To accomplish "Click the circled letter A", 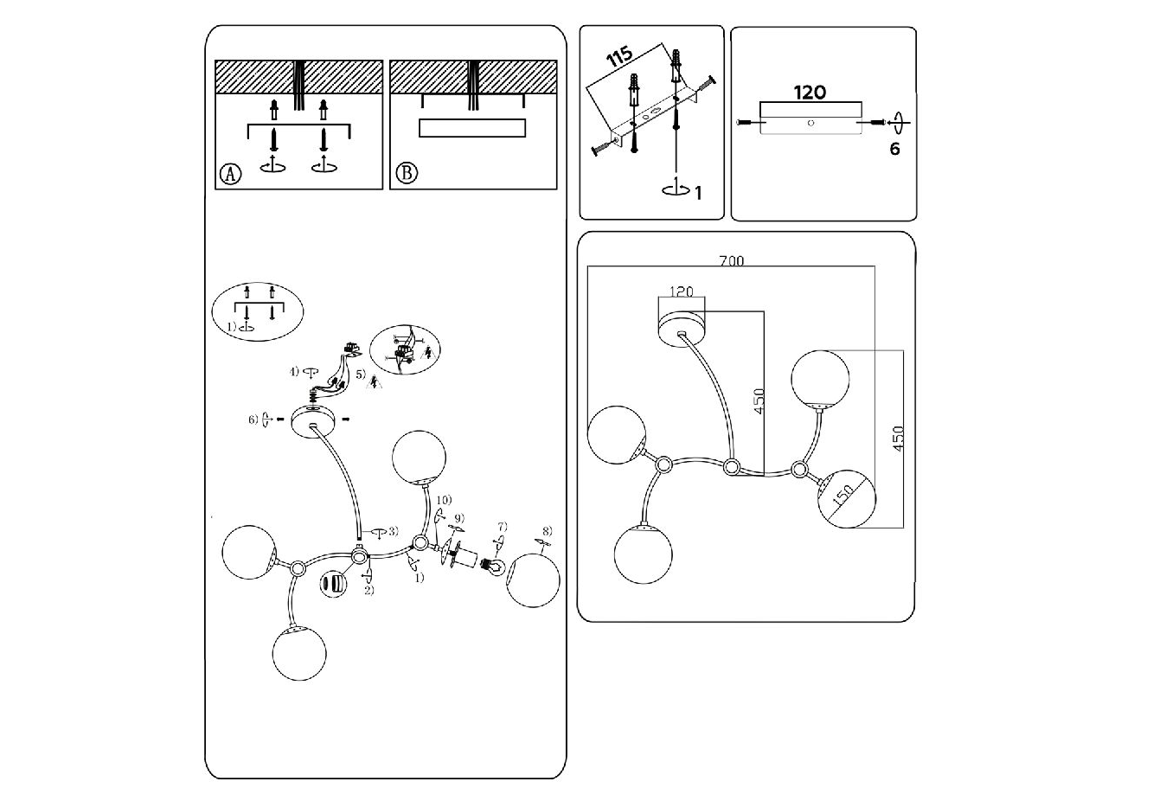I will [230, 174].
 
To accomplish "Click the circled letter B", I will [406, 174].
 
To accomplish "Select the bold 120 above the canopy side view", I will [810, 92].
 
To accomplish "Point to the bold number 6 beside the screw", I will [894, 149].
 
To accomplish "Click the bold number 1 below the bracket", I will [698, 192].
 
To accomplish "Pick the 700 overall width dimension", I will [731, 259].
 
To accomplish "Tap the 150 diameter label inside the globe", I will [842, 496].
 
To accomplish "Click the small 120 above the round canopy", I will [682, 291].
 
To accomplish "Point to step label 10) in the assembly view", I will [443, 500].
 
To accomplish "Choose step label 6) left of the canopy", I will [253, 420].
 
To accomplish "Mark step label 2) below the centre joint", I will [368, 591].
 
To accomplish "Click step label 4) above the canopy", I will [296, 372].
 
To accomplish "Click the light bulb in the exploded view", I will [494, 567].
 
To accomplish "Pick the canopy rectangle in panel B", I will [472, 128].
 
